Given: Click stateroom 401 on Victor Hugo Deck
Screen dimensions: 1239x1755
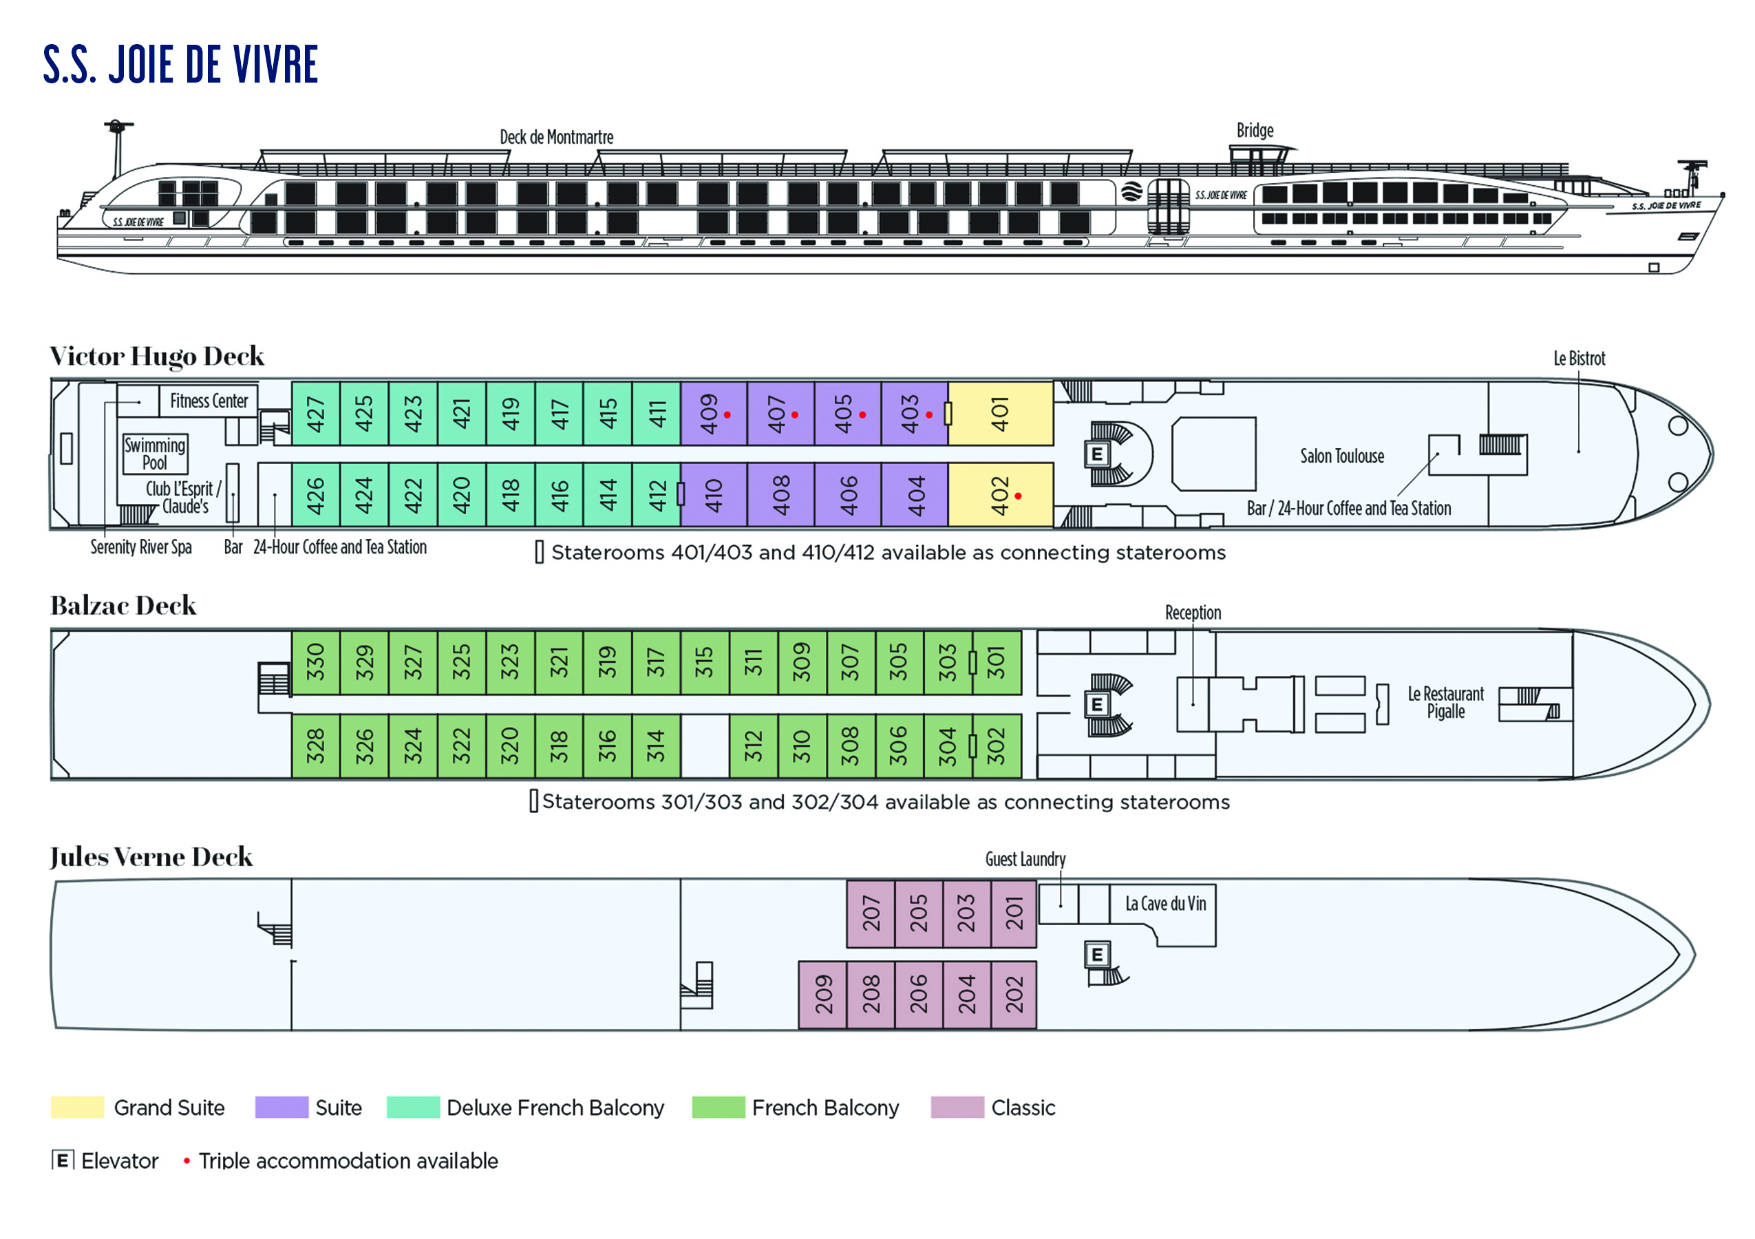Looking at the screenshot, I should [x=1000, y=414].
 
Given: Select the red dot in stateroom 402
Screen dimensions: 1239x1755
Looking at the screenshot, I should [x=1018, y=496].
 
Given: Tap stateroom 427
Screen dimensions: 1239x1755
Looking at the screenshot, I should [x=315, y=414].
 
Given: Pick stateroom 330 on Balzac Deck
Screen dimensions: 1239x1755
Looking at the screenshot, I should [x=315, y=662].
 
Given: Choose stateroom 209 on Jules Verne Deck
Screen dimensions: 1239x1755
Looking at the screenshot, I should [x=822, y=994].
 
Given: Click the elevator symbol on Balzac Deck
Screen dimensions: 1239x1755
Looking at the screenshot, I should [x=1097, y=704].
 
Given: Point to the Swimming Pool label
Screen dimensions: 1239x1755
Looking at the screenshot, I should [x=155, y=454].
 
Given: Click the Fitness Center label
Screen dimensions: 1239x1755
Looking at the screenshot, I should [x=209, y=401].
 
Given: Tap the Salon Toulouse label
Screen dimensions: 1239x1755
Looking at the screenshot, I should [x=1342, y=456].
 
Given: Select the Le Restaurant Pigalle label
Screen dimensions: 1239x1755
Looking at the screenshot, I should [x=1445, y=702].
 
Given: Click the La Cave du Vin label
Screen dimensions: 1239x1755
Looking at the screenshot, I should [x=1166, y=904].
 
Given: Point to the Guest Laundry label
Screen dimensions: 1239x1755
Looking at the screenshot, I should [x=1025, y=859].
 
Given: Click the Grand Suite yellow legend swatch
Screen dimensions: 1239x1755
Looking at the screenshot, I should [x=77, y=1107].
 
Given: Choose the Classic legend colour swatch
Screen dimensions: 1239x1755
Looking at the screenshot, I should [x=957, y=1107].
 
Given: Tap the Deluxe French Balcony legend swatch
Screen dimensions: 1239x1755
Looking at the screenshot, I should [x=413, y=1107].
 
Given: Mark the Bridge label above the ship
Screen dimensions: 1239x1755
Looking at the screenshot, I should [x=1255, y=131].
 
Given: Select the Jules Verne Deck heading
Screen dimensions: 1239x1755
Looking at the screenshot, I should [x=151, y=857].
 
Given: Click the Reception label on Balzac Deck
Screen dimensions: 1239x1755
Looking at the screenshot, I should [x=1193, y=612].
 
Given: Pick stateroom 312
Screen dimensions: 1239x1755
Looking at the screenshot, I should [x=753, y=745].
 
